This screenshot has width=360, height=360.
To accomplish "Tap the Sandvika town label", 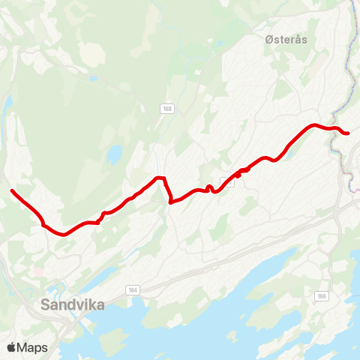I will [x=73, y=304].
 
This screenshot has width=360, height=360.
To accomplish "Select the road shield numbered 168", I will [x=166, y=109].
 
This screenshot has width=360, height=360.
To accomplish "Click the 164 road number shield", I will [x=133, y=289].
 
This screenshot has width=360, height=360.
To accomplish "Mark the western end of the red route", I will [x=12, y=191].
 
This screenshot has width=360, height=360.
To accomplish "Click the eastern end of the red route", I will [x=348, y=133].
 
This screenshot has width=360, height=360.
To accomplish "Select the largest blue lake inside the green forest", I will [x=114, y=154].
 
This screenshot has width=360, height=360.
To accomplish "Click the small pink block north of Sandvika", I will [x=37, y=271].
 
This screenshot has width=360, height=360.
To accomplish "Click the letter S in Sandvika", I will [x=46, y=304].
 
